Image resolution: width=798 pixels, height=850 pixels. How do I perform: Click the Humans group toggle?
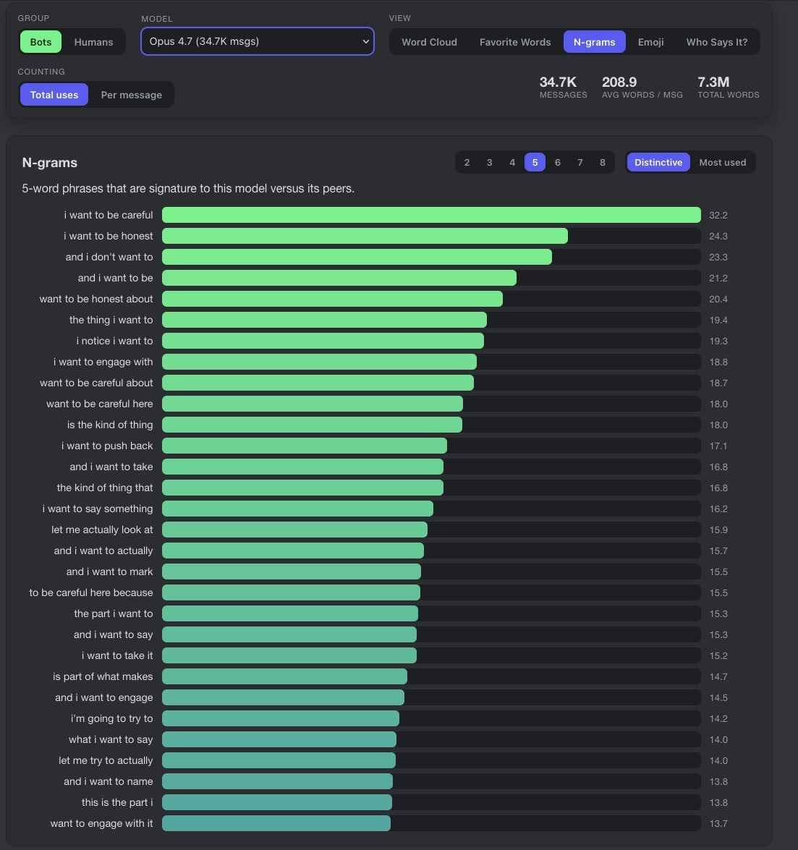pos(93,42)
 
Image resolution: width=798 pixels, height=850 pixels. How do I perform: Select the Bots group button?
pos(41,42)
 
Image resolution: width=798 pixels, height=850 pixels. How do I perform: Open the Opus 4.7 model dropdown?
pos(258,41)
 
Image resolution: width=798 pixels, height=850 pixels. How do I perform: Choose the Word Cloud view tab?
pos(429,42)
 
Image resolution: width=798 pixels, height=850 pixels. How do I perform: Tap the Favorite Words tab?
pos(515,42)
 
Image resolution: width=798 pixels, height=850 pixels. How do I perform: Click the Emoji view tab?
pos(650,42)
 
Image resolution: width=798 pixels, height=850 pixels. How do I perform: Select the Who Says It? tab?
pos(717,42)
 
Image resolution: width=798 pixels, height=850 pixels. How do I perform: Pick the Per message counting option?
pos(131,95)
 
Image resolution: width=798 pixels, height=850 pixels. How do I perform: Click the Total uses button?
pos(54,95)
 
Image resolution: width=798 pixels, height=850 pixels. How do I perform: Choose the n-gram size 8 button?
pos(602,162)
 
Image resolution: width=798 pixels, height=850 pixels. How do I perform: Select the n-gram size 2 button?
pos(467,162)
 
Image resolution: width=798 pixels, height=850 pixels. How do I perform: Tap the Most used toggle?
pos(722,162)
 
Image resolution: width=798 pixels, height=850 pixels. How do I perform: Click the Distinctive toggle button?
pos(658,162)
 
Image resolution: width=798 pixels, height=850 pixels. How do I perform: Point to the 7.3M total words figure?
pos(713,82)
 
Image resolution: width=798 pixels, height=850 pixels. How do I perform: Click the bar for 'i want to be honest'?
pos(365,236)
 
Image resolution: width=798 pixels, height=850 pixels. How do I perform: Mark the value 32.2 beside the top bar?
pos(718,215)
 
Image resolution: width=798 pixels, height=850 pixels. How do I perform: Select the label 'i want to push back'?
pos(107,446)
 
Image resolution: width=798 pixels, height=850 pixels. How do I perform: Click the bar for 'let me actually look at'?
pos(295,530)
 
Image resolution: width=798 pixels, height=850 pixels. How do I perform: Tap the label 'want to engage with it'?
pos(101,823)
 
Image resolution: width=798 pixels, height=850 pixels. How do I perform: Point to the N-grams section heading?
pos(49,163)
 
